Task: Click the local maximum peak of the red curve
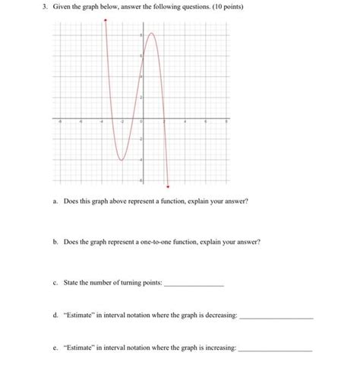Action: (x=152, y=33)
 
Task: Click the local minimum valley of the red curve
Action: (x=122, y=160)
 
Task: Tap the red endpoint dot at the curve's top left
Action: (x=106, y=21)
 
